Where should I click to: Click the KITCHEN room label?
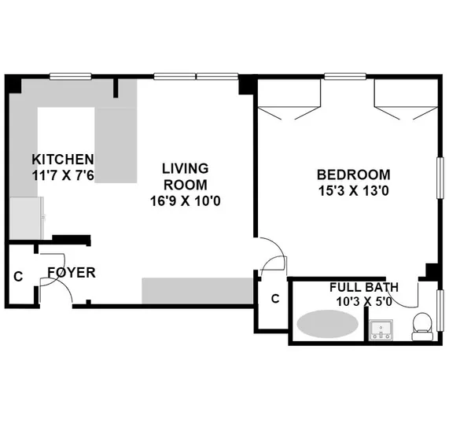click(62, 158)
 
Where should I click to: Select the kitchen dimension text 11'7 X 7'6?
click(62, 175)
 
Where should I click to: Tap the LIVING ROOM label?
click(185, 176)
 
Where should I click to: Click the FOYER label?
click(71, 273)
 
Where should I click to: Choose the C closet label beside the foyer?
click(17, 277)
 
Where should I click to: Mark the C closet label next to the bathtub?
click(274, 299)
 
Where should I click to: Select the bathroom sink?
click(382, 329)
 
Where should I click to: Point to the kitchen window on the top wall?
click(72, 77)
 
